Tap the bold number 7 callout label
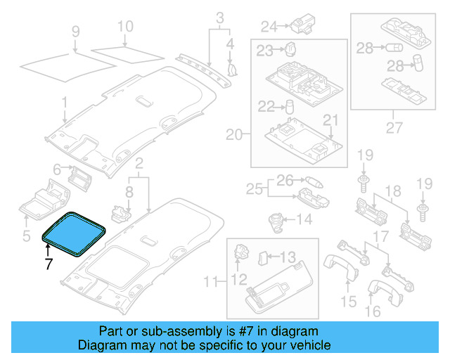click(x=49, y=264)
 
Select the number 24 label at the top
click(x=269, y=27)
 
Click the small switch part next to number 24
click(x=304, y=25)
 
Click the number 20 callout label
click(x=233, y=134)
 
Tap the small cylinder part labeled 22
click(x=288, y=106)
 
